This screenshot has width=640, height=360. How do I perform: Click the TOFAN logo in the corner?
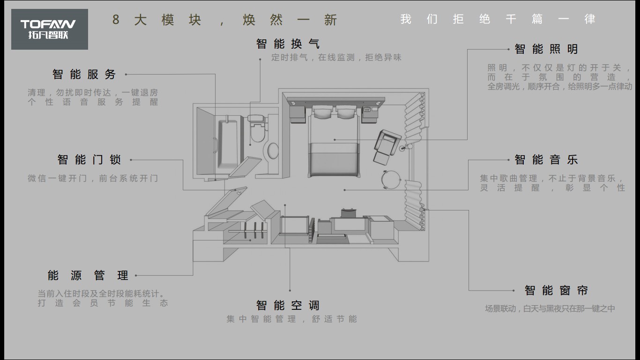point(49,29)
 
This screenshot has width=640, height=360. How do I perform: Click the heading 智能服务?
point(84,75)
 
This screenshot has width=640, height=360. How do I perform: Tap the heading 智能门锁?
point(89,160)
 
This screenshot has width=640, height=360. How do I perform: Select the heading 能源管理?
point(88,275)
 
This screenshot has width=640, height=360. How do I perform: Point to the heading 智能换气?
point(288,44)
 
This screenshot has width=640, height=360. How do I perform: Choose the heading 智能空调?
point(288,306)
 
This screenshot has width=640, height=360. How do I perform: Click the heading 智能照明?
point(546,49)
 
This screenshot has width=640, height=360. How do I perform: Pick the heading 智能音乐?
point(546,160)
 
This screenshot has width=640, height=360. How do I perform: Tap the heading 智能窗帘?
point(556,291)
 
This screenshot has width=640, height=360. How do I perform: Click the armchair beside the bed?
point(386,145)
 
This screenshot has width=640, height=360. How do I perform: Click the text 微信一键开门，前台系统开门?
point(93,179)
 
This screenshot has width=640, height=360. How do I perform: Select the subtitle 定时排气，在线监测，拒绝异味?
point(336,58)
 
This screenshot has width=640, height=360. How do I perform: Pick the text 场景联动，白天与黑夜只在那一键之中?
point(550,309)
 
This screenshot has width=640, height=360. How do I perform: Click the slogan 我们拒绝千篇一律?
point(498,19)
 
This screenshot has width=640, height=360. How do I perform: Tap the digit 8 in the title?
point(116,20)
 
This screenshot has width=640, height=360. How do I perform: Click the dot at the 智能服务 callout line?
point(126,74)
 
